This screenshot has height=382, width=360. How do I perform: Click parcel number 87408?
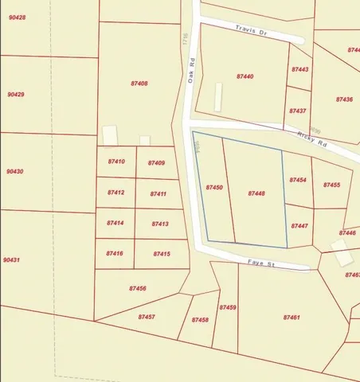click(139, 84)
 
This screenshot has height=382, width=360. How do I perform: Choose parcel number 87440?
click(245, 76)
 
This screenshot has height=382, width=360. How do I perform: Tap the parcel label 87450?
click(213, 187)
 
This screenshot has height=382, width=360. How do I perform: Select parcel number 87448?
click(256, 193)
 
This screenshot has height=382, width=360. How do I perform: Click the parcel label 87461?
click(292, 318)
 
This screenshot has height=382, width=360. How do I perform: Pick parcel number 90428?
click(17, 17)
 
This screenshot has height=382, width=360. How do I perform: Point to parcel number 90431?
click(12, 260)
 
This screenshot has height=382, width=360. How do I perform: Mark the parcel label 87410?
click(116, 162)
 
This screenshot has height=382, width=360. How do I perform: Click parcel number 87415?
click(161, 254)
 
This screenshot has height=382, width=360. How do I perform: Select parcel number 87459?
click(227, 307)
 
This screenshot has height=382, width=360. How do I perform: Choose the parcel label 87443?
click(299, 70)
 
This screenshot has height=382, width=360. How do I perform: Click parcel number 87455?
click(331, 185)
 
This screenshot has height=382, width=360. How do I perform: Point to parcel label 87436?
click(344, 99)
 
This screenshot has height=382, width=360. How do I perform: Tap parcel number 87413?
click(160, 224)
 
